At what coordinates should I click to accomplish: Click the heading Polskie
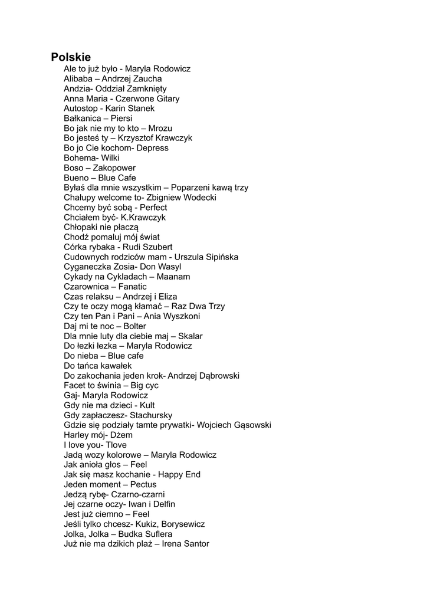(x=71, y=57)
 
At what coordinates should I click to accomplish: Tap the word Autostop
(x=81, y=109)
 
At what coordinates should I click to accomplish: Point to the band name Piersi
(x=121, y=118)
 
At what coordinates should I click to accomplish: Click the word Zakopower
(x=114, y=168)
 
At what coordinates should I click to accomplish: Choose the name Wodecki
(x=200, y=198)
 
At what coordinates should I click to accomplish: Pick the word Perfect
(x=153, y=208)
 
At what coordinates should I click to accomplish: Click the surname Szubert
(x=156, y=247)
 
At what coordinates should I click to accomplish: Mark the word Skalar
(x=190, y=336)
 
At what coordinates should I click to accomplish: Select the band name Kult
(x=147, y=405)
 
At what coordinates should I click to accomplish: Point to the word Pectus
(x=143, y=484)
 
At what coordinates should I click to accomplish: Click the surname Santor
(x=196, y=544)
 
